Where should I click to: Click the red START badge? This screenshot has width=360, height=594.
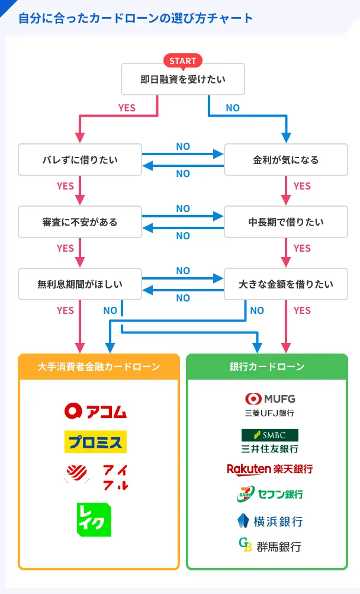(182, 61)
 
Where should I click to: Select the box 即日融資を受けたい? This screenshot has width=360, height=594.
(182, 80)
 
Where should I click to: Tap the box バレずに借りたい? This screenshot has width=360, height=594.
(80, 160)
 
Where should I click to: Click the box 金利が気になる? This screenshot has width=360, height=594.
(286, 160)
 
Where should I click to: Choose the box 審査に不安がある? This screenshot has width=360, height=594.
(80, 222)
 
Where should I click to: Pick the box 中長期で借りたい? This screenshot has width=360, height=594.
(286, 222)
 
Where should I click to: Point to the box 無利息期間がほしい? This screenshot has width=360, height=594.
(80, 284)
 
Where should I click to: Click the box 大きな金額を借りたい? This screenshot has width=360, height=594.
(286, 284)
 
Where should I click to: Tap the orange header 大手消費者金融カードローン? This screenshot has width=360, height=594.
(98, 367)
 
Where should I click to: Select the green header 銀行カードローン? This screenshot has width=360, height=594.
(266, 367)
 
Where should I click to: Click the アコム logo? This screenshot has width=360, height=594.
(95, 410)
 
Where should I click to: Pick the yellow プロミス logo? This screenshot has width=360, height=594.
(95, 441)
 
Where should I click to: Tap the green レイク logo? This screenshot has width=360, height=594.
(94, 519)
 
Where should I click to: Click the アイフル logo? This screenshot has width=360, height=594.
(95, 474)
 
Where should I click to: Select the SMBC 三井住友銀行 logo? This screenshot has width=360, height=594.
(269, 441)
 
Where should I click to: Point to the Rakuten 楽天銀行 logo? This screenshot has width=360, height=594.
(269, 469)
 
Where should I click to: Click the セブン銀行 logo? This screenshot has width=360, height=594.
(269, 493)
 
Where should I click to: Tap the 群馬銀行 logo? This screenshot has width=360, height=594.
(269, 545)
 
